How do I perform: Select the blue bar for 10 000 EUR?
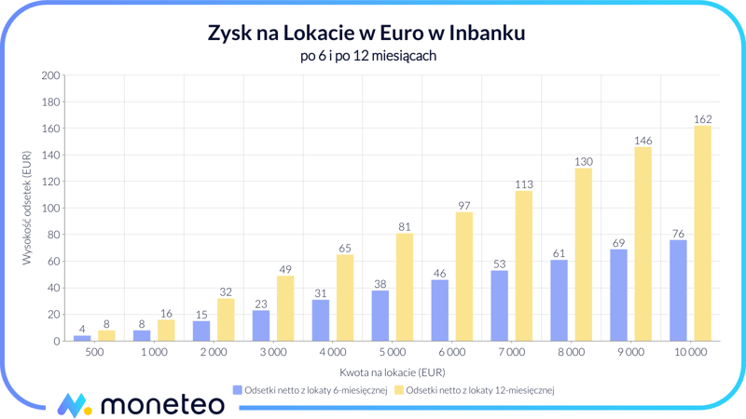pos(678,291)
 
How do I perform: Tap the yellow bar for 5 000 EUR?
pos(404,287)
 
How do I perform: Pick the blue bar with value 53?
pos(499,305)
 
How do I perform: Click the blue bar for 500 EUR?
pos(82,338)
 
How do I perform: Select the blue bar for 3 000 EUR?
pos(261,326)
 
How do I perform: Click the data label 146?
pos(642,141)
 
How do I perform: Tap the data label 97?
pos(463,205)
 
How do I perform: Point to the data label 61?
pos(559,253)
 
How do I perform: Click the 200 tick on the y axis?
pos(50,75)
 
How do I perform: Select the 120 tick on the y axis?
pos(50,182)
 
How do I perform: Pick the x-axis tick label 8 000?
pos(571,353)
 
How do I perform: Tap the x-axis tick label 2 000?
pos(213,353)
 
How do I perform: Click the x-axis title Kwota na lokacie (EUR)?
pos(392,372)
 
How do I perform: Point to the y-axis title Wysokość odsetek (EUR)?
pos(27,209)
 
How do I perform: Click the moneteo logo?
pos(140,403)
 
